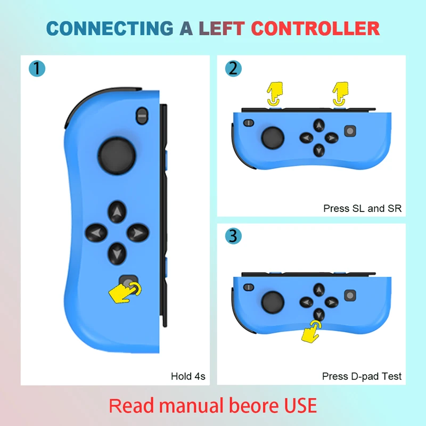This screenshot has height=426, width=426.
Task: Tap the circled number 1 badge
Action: point(37,69)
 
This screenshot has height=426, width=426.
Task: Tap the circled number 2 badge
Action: point(233,69)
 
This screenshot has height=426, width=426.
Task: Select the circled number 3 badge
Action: point(233,236)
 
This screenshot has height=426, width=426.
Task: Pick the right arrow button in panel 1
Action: point(137,232)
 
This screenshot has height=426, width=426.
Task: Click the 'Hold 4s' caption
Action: point(188,376)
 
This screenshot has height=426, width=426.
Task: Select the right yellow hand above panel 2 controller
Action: point(340,93)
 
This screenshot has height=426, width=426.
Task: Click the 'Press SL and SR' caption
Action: point(362,208)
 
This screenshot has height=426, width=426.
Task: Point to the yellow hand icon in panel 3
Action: point(312,330)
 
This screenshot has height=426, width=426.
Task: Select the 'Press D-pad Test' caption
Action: point(362,376)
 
